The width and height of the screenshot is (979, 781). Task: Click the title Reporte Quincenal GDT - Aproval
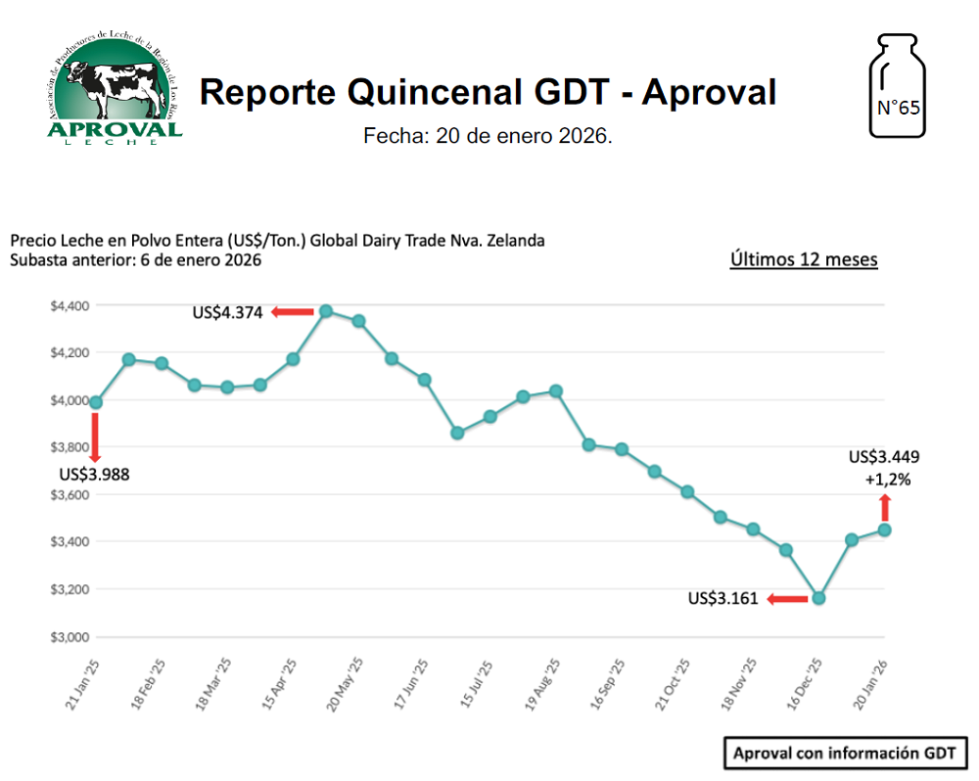click(488, 92)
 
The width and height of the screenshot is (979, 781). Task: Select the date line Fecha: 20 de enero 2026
click(488, 136)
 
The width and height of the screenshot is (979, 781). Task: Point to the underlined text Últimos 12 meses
click(804, 259)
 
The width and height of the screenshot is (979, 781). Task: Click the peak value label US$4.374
click(228, 313)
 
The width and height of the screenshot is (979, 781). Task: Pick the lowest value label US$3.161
click(723, 599)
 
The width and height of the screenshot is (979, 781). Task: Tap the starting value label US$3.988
click(94, 475)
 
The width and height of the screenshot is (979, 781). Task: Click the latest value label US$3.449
click(884, 456)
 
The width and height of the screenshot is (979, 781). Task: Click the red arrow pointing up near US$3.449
click(885, 507)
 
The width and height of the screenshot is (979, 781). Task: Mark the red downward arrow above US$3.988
click(95, 436)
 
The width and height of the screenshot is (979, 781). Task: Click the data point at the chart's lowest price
click(819, 598)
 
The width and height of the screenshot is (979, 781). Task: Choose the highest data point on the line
click(326, 311)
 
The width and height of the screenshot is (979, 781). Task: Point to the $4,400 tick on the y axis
click(70, 306)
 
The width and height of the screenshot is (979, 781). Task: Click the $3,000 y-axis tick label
click(70, 637)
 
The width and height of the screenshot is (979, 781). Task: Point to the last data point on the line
click(885, 529)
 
